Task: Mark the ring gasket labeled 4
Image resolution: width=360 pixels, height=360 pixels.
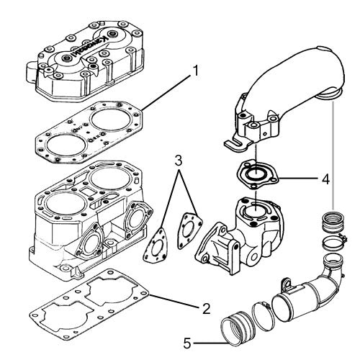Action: (256, 175)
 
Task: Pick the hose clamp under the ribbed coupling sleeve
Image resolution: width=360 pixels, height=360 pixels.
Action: (334, 242)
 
